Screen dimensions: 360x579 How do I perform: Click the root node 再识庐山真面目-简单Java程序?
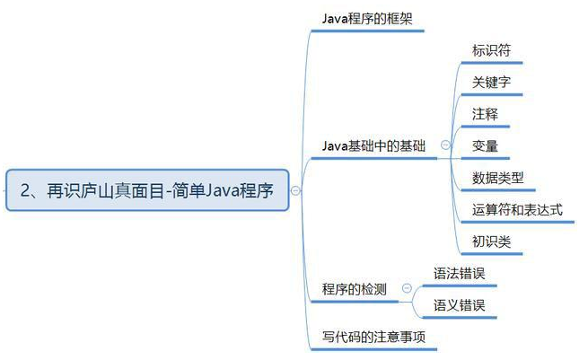[147, 189]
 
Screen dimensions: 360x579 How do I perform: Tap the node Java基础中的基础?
[374, 145]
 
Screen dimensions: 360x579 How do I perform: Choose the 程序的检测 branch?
[355, 289]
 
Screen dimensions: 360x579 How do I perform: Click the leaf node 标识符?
[493, 49]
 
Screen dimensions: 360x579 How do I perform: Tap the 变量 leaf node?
[486, 145]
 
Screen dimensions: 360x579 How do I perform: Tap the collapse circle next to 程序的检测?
[407, 289]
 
